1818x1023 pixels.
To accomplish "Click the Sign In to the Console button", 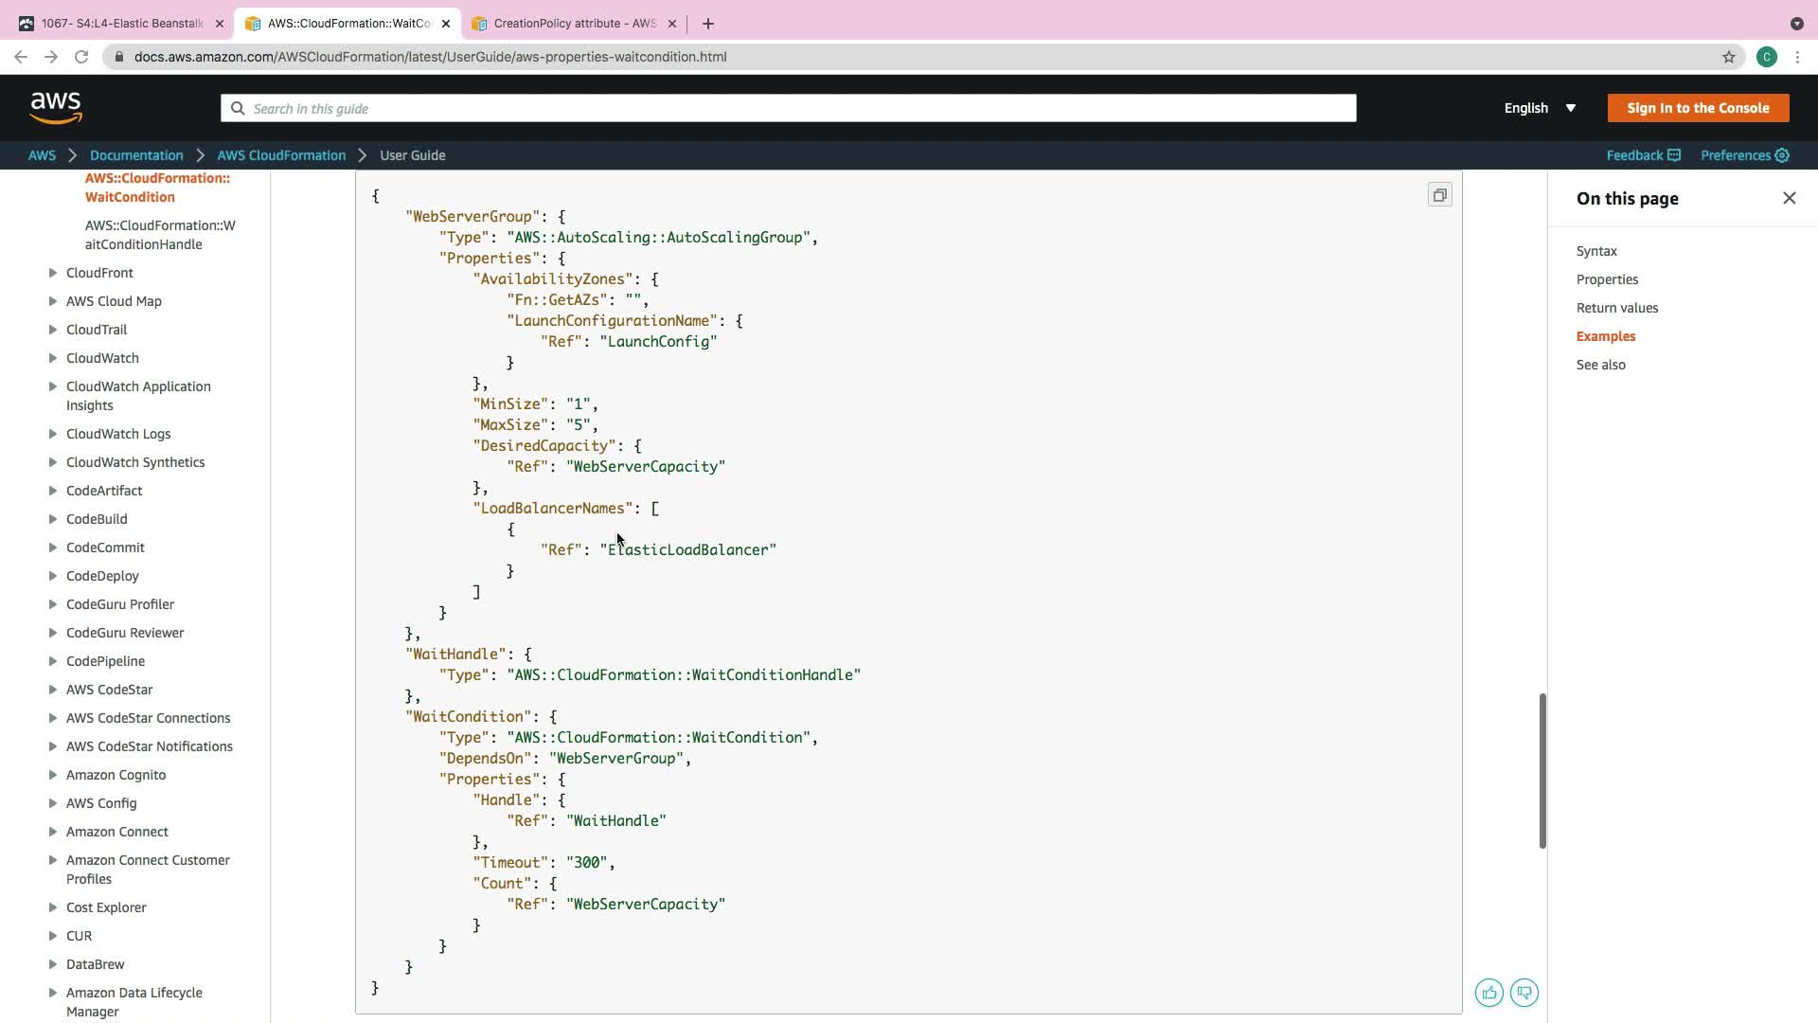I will point(1698,108).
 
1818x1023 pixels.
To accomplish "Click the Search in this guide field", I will point(788,108).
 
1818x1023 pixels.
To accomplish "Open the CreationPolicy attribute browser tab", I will point(574,24).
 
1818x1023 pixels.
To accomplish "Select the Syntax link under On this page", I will point(1596,251).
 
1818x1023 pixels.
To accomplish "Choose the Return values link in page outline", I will point(1616,308).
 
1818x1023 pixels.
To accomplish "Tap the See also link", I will point(1600,365).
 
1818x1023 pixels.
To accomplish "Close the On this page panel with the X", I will point(1789,198).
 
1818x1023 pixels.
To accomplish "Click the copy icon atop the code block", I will point(1439,195).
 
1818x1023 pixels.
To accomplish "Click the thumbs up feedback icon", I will point(1488,993).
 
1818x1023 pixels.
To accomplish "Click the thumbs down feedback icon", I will point(1524,993).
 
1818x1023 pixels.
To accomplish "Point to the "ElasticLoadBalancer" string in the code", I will point(688,550).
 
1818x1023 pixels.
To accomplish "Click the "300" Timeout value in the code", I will point(587,863).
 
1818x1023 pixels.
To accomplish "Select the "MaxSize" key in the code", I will point(511,425).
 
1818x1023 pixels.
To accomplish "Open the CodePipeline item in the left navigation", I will point(105,661).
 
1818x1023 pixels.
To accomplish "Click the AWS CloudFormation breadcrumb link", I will point(281,155).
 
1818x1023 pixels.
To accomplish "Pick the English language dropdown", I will point(1540,108).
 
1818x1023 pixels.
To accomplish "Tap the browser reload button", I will point(81,57).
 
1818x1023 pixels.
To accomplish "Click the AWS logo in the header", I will point(56,108).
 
